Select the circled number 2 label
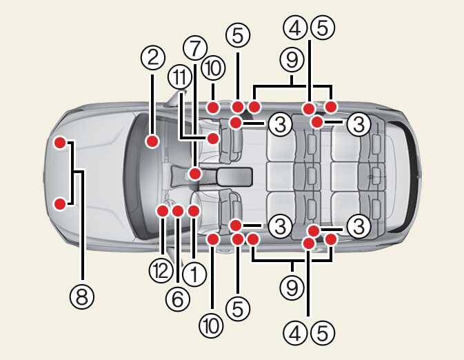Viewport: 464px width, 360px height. pos(152,57)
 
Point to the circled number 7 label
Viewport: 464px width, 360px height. pos(195,49)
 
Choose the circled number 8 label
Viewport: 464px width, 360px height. pos(82,297)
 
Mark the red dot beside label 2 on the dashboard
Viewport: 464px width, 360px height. pos(153,141)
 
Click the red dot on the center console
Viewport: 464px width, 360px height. pos(195,174)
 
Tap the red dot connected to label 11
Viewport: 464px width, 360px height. pos(214,139)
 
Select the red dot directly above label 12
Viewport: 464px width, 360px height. pos(163,210)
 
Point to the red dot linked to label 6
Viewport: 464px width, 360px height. pos(177,210)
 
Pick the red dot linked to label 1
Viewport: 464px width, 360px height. pos(193,210)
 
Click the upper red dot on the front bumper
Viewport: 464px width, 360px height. pos(61,143)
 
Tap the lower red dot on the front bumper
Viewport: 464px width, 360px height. pos(61,203)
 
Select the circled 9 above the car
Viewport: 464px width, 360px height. pos(292,61)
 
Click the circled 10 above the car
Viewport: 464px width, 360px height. pos(214,68)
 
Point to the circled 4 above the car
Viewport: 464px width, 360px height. pos(295,28)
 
